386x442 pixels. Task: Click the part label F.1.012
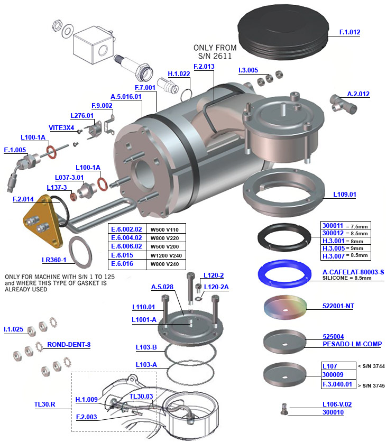tap(350, 32)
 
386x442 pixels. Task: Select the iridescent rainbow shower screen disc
tap(284, 308)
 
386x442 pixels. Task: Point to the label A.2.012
tap(358, 94)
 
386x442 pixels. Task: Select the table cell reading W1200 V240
tap(163, 254)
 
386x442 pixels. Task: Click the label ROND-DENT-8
tap(69, 344)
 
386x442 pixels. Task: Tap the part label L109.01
tap(344, 194)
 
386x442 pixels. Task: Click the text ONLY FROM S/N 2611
tap(215, 52)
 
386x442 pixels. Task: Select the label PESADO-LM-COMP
tap(352, 344)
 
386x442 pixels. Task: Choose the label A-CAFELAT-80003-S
tap(353, 272)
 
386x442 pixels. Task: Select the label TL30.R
tap(45, 405)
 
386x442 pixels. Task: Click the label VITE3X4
tap(61, 127)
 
